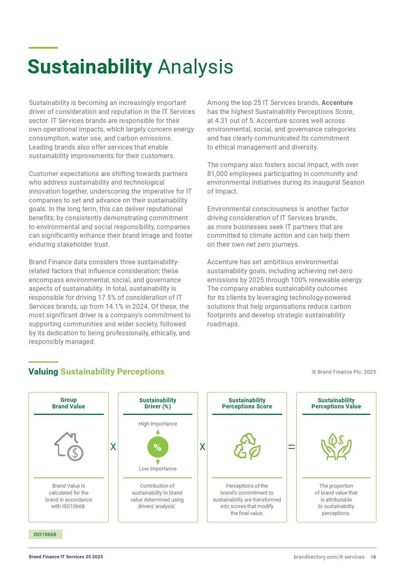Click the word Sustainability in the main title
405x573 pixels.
pyautogui.click(x=90, y=67)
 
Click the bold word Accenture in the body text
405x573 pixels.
pyautogui.click(x=337, y=103)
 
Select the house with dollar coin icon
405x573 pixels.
pyautogui.click(x=69, y=446)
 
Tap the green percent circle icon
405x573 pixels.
pyautogui.click(x=158, y=447)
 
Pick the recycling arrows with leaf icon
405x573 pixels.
pyautogui.click(x=247, y=446)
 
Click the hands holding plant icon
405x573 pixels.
pyautogui.click(x=336, y=446)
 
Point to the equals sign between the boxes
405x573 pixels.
pyautogui.click(x=292, y=447)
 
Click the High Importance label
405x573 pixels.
pyautogui.click(x=158, y=424)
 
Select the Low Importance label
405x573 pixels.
pyautogui.click(x=158, y=469)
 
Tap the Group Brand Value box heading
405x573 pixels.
pyautogui.click(x=69, y=404)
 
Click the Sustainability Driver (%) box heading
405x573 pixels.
pyautogui.click(x=158, y=404)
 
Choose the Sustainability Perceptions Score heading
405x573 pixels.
pyautogui.click(x=247, y=404)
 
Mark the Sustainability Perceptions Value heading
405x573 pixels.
pyautogui.click(x=336, y=404)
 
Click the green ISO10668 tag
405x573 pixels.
pyautogui.click(x=45, y=535)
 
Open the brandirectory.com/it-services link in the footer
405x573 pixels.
pyautogui.click(x=329, y=557)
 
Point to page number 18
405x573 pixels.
pyautogui.click(x=373, y=557)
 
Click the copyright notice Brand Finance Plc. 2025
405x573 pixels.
pyautogui.click(x=344, y=372)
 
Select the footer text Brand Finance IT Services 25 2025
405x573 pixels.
pyautogui.click(x=66, y=557)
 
